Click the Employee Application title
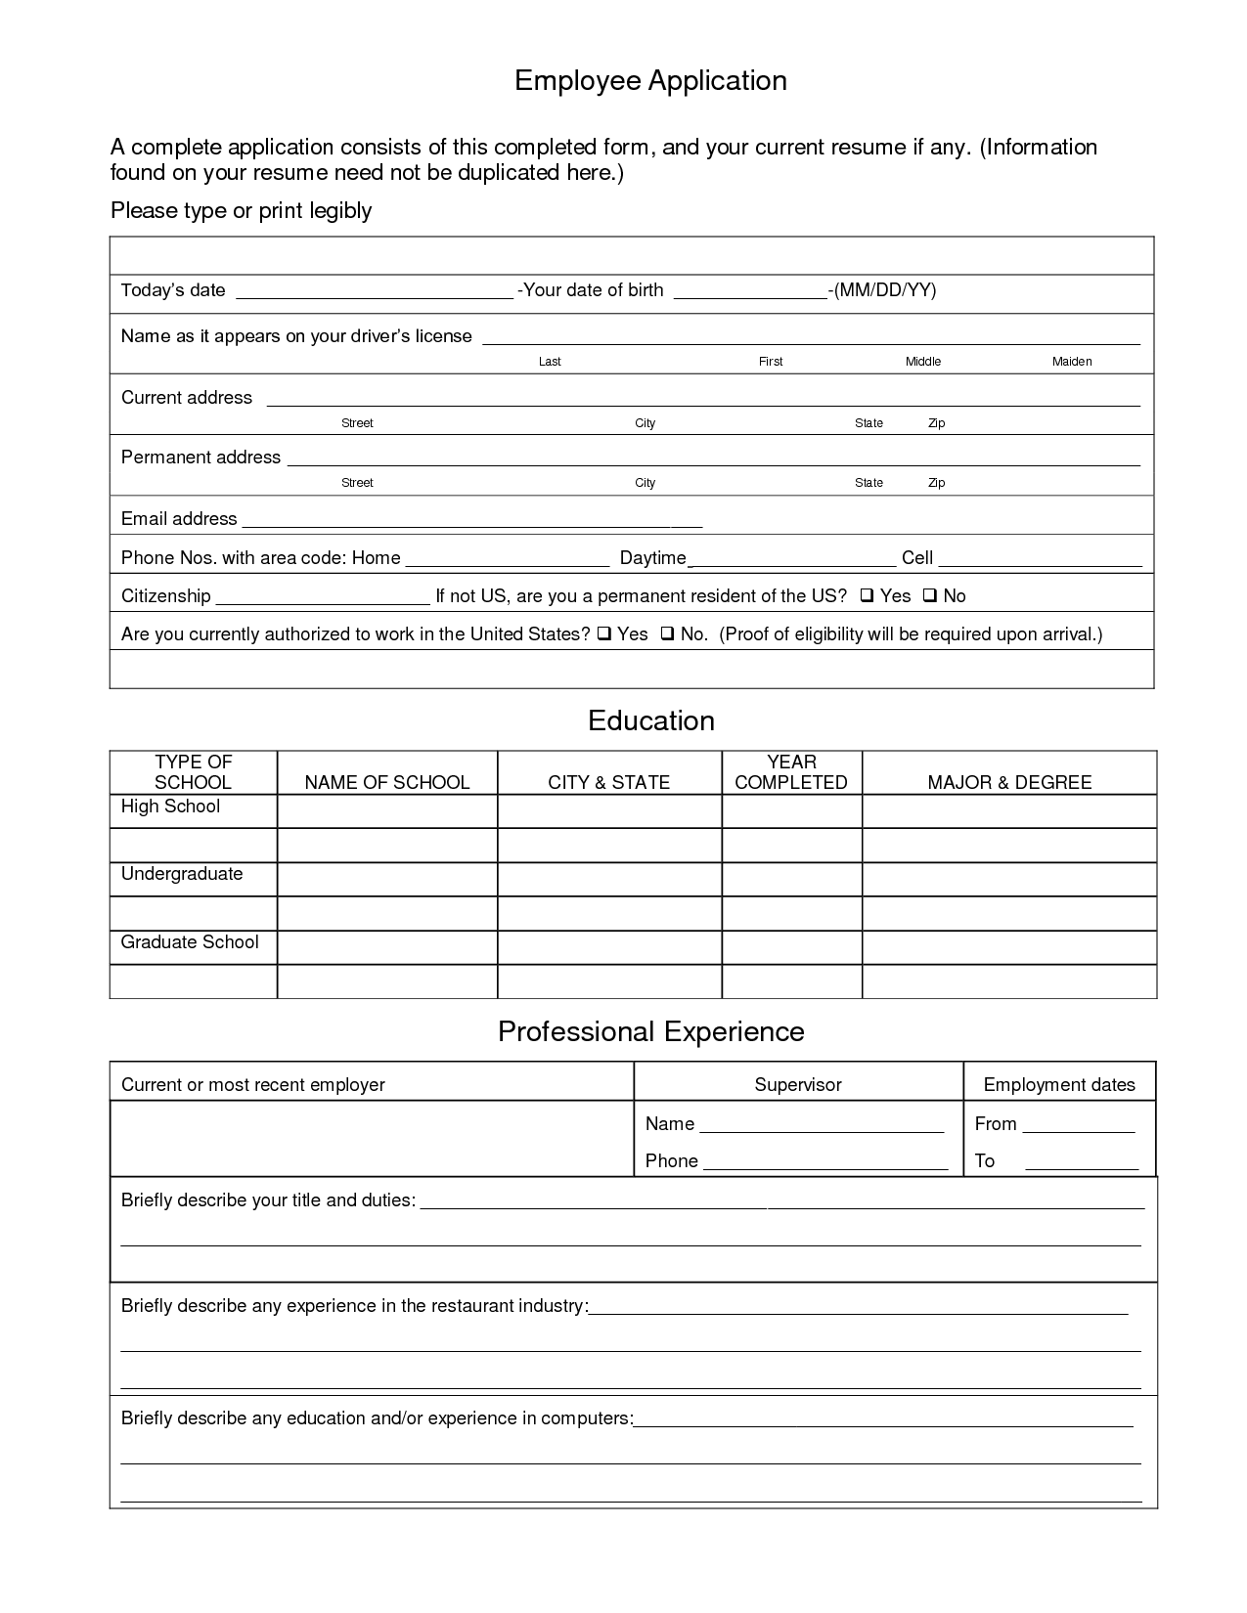(x=650, y=80)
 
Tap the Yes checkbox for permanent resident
(x=868, y=595)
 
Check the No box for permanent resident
(x=930, y=595)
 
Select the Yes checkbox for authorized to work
(x=604, y=633)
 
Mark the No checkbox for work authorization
(x=667, y=633)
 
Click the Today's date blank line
(x=375, y=291)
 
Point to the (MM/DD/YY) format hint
(x=884, y=290)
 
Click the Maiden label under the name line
(x=1071, y=362)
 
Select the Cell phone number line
(x=1040, y=560)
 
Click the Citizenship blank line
(x=322, y=598)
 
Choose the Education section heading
(x=650, y=720)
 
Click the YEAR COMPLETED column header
(x=791, y=772)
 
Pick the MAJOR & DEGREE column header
(x=1009, y=782)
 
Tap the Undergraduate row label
(x=182, y=874)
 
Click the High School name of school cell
(x=387, y=811)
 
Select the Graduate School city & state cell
(x=609, y=947)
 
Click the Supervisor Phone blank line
(x=824, y=1163)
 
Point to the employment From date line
(x=1078, y=1126)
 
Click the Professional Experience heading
(x=650, y=1031)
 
